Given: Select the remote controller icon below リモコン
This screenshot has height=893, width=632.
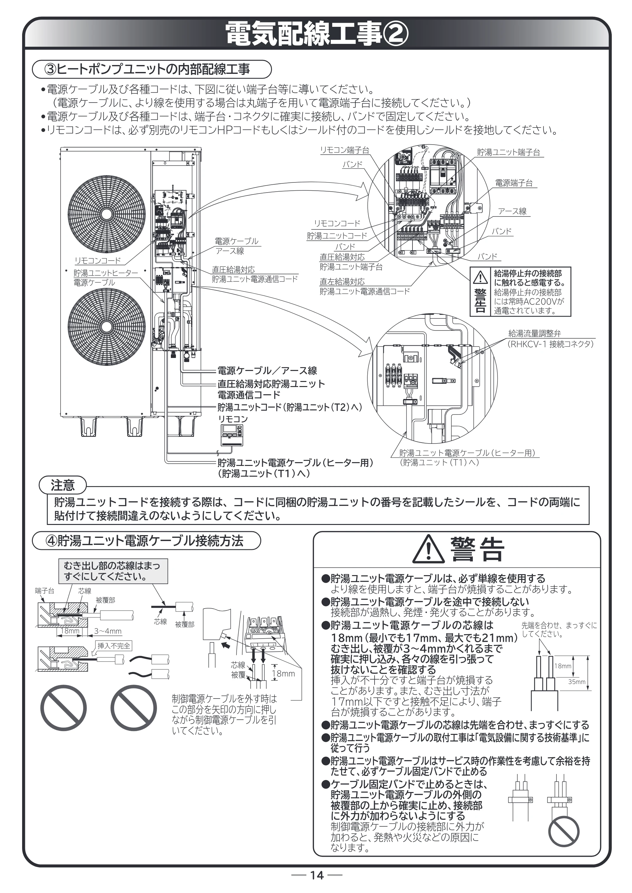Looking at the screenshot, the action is tap(232, 435).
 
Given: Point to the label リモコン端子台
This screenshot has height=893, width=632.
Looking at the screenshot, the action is tap(344, 150).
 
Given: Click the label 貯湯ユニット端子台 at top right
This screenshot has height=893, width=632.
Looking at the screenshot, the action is tap(509, 152).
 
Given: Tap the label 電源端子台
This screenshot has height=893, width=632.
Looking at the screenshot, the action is tap(514, 183).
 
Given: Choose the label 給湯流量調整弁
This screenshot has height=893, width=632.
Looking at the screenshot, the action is tap(535, 333).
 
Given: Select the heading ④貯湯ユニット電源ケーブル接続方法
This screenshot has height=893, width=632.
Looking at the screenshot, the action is tap(146, 541).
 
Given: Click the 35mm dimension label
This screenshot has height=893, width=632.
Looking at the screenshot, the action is tap(577, 682).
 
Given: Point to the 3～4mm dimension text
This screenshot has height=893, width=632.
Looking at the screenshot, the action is tap(108, 631).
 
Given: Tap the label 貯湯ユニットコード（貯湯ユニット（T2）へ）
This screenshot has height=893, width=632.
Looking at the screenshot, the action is tap(290, 407).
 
